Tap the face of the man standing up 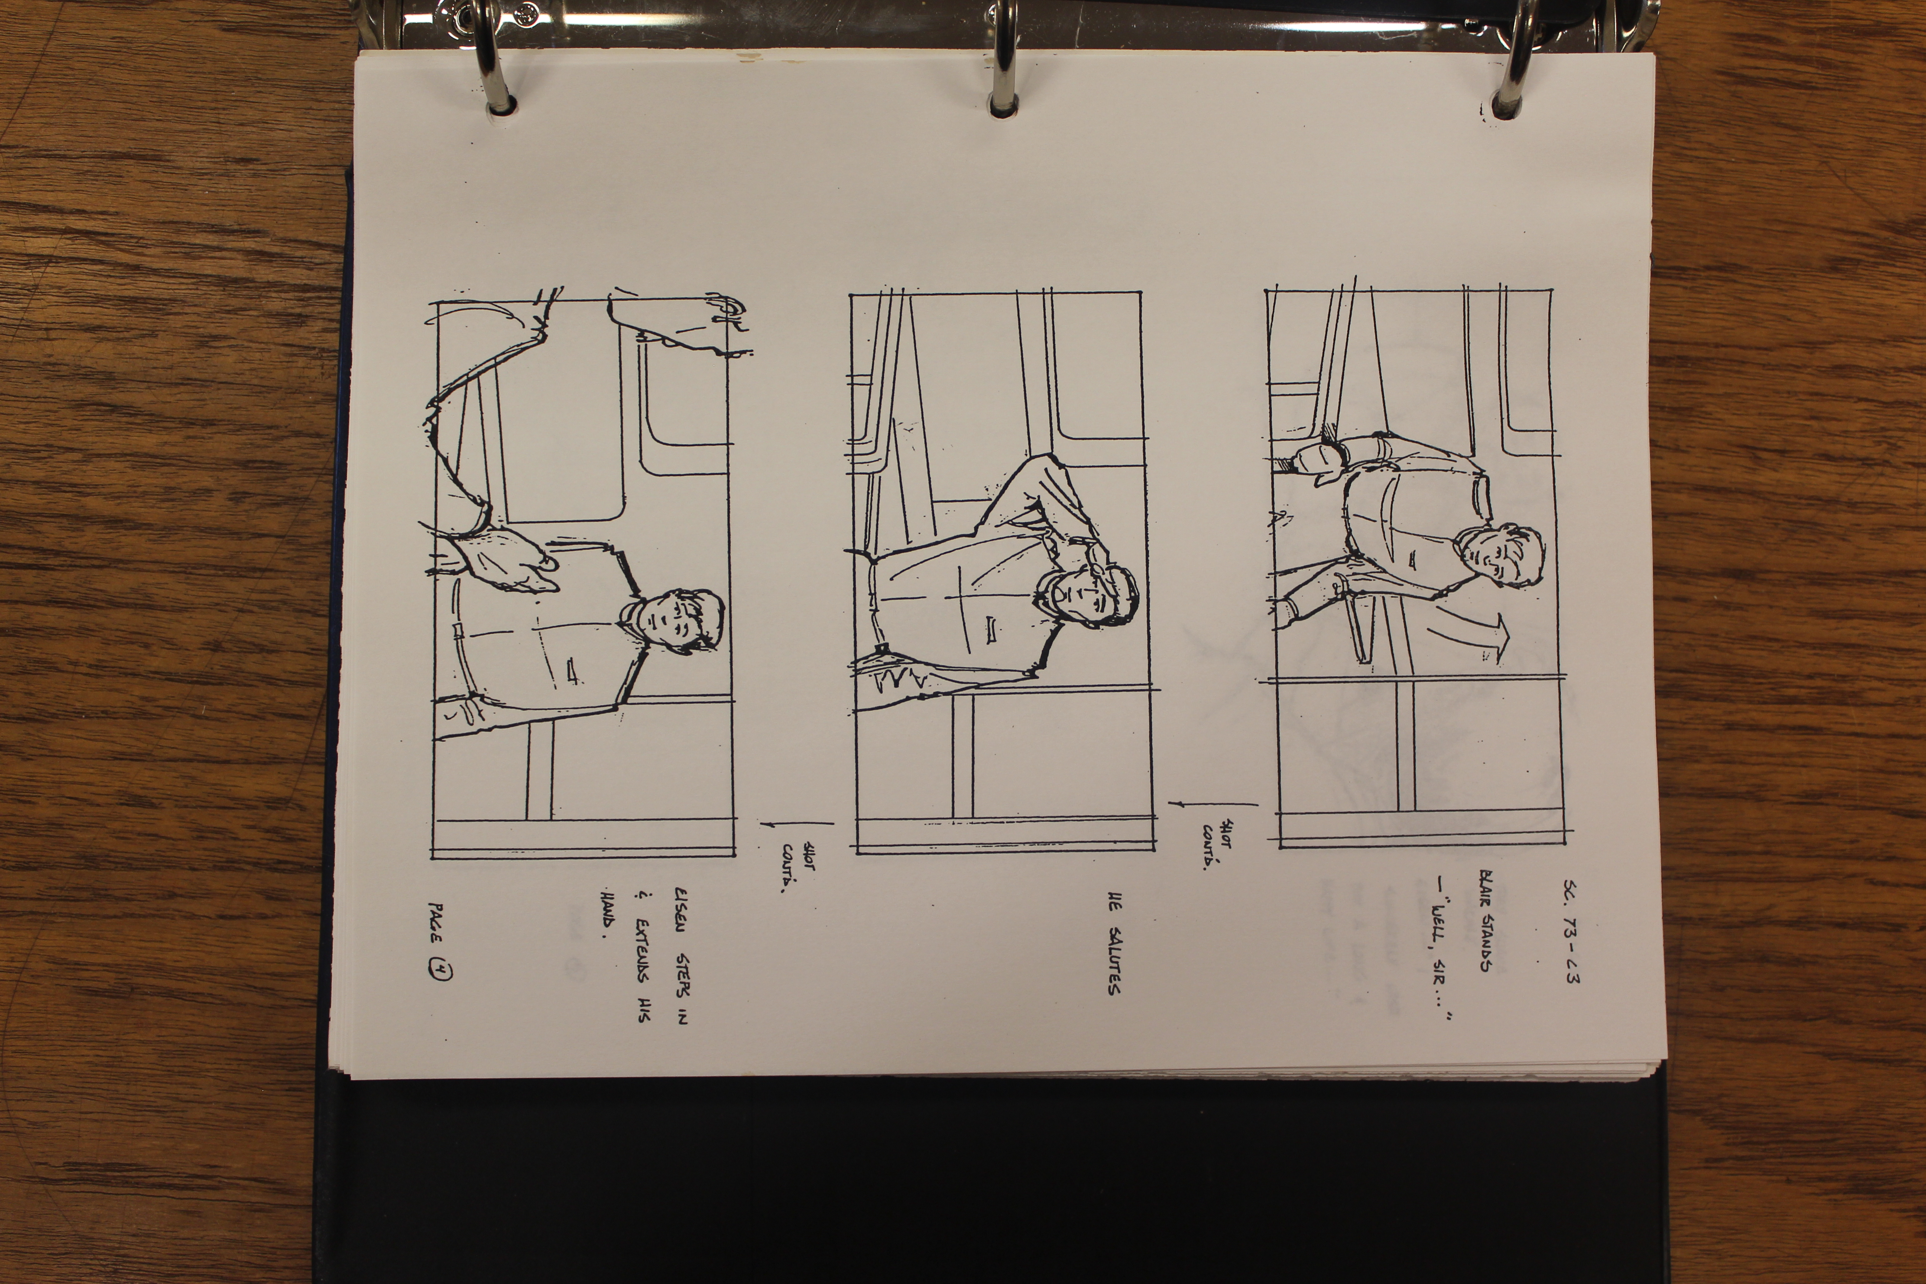pyautogui.click(x=1500, y=557)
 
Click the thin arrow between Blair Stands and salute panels pyautogui.click(x=1212, y=804)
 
